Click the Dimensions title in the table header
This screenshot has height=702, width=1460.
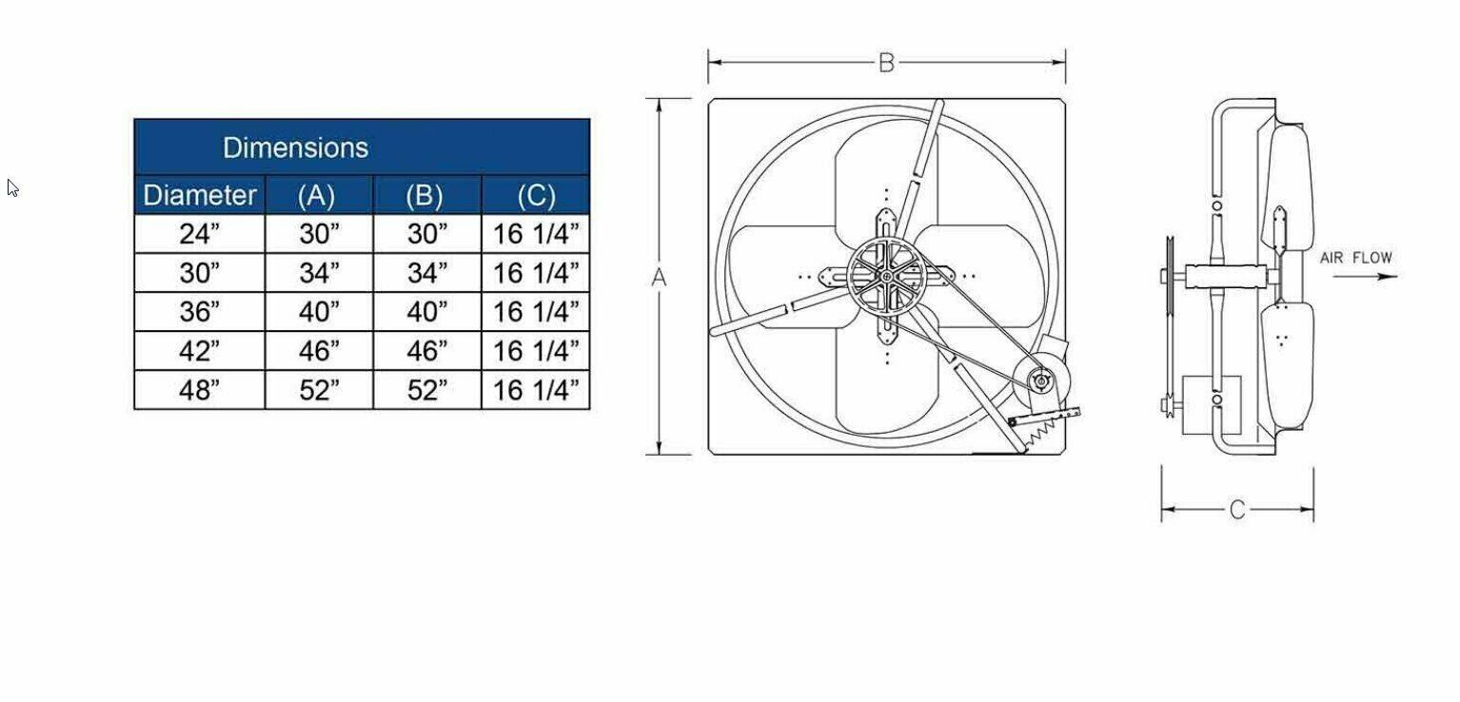295,147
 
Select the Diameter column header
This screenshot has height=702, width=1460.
200,195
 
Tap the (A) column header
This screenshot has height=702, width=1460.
316,196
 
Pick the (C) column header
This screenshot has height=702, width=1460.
537,196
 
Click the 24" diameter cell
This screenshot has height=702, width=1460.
200,234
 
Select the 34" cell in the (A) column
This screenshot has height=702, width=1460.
320,273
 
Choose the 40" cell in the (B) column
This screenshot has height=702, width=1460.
427,312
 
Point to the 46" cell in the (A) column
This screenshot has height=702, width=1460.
320,351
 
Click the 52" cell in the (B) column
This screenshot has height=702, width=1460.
427,390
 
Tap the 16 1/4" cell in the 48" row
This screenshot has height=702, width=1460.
536,390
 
